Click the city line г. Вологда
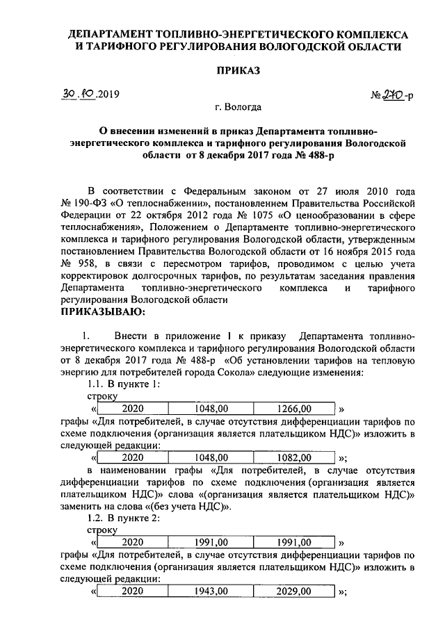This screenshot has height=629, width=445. click(238, 108)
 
